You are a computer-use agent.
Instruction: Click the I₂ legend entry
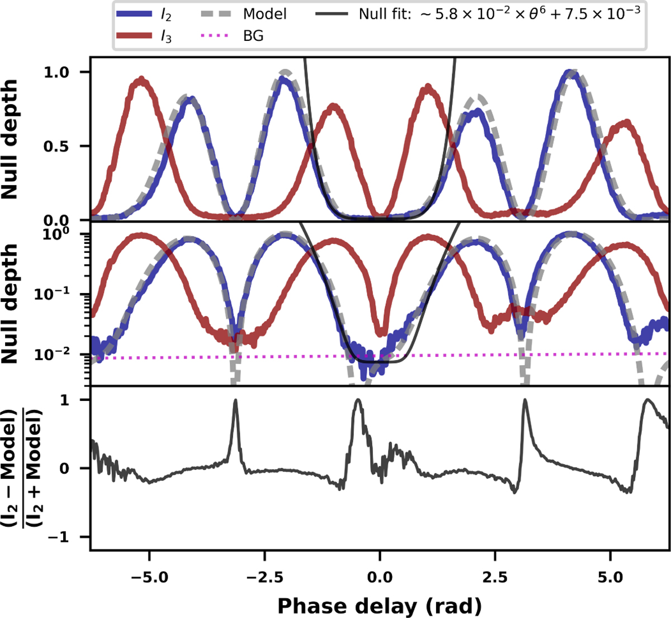tap(149, 14)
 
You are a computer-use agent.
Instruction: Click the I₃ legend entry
tap(149, 36)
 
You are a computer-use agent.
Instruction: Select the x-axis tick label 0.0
tap(380, 577)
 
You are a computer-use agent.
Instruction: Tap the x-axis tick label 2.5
tap(495, 577)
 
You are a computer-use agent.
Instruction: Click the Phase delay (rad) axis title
tap(380, 605)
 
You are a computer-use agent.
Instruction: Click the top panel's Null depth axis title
tap(11, 140)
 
